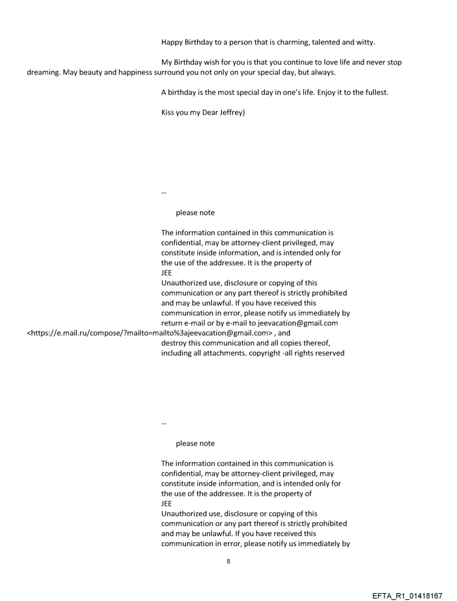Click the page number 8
(x=228, y=561)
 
